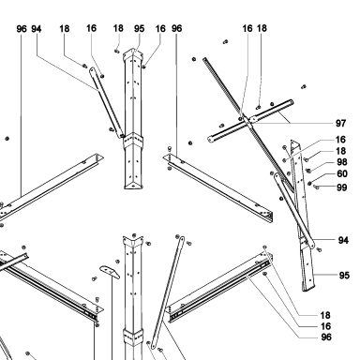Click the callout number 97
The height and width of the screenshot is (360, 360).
tap(340, 123)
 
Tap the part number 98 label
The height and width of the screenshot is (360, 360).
tap(342, 162)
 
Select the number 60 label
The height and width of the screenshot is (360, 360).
tap(342, 173)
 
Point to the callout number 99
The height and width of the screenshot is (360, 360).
tap(342, 187)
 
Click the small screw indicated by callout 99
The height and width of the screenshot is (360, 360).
tap(316, 187)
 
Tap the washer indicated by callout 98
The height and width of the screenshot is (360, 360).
tap(308, 171)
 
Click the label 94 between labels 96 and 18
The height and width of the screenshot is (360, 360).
tap(37, 29)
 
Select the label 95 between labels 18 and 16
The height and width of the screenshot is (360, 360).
tap(139, 28)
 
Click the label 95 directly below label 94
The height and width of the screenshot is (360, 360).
tap(344, 276)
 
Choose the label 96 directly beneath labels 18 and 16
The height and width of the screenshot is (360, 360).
tap(326, 337)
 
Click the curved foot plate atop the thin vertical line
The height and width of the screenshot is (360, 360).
tap(110, 272)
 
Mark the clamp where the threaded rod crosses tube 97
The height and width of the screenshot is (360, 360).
tap(247, 121)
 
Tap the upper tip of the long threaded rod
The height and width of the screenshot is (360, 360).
tap(204, 59)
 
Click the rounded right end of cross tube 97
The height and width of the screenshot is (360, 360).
tap(291, 102)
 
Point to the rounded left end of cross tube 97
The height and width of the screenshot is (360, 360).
tap(211, 139)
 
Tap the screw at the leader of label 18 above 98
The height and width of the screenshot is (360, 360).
tap(307, 159)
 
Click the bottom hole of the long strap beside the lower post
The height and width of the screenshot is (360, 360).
tap(153, 346)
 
